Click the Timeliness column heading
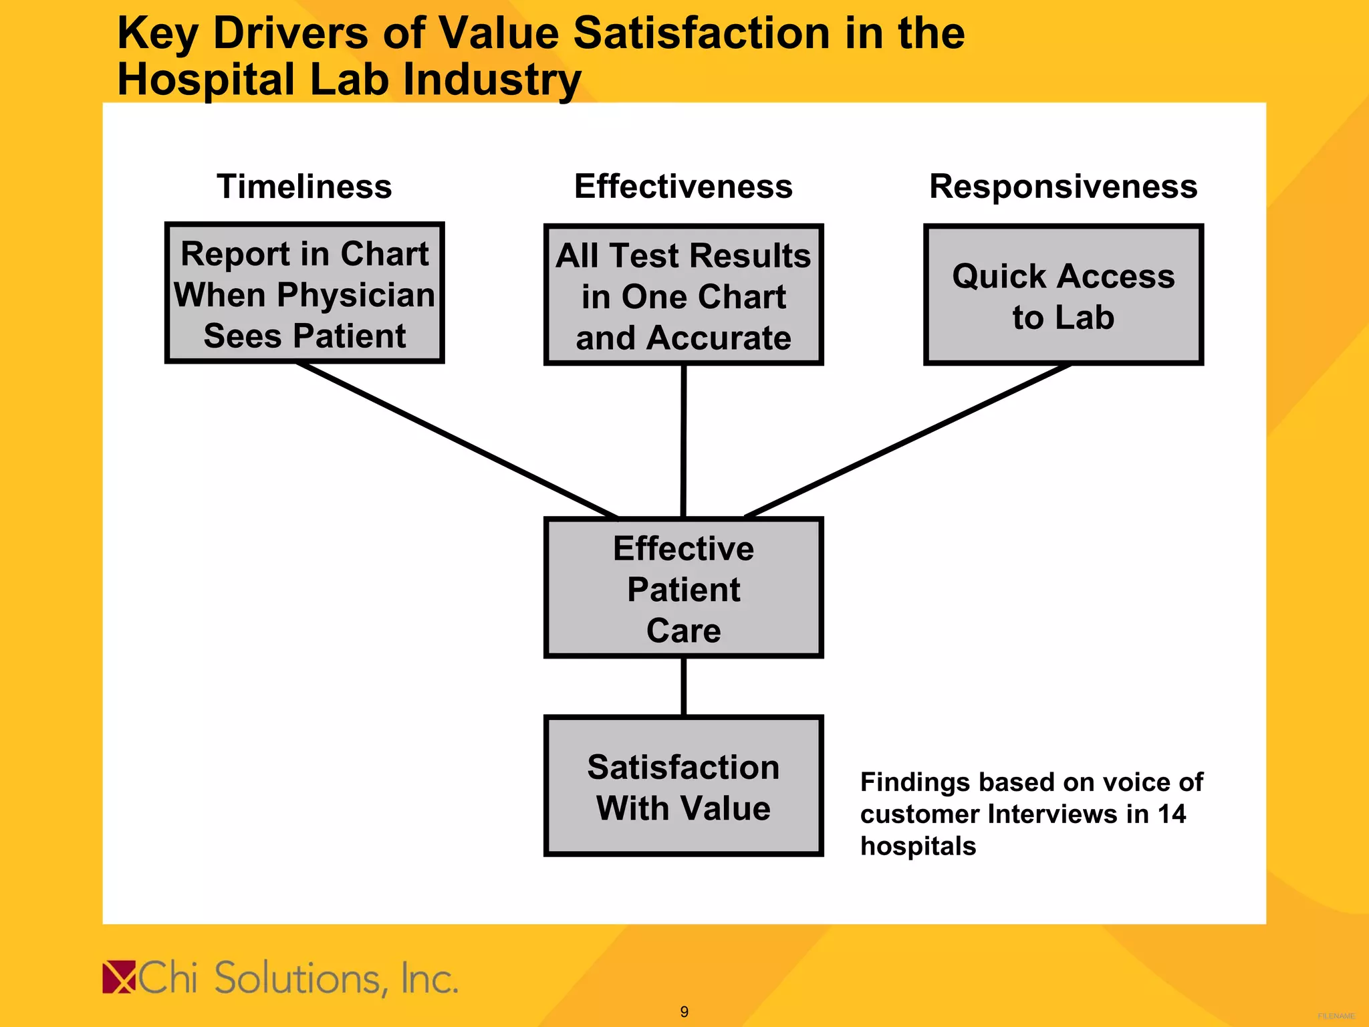click(304, 187)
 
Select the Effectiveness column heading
click(683, 187)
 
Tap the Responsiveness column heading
click(1063, 187)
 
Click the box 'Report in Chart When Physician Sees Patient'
click(305, 294)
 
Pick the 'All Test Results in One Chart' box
click(683, 295)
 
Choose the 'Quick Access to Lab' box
click(1063, 295)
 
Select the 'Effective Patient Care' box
click(683, 588)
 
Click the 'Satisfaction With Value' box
click(683, 786)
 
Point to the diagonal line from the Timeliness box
click(457, 440)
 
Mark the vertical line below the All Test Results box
click(683, 441)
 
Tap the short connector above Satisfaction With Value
click(683, 687)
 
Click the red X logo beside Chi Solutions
click(119, 978)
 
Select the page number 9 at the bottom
click(684, 1012)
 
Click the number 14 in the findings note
click(1171, 814)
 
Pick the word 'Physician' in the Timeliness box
click(356, 295)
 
